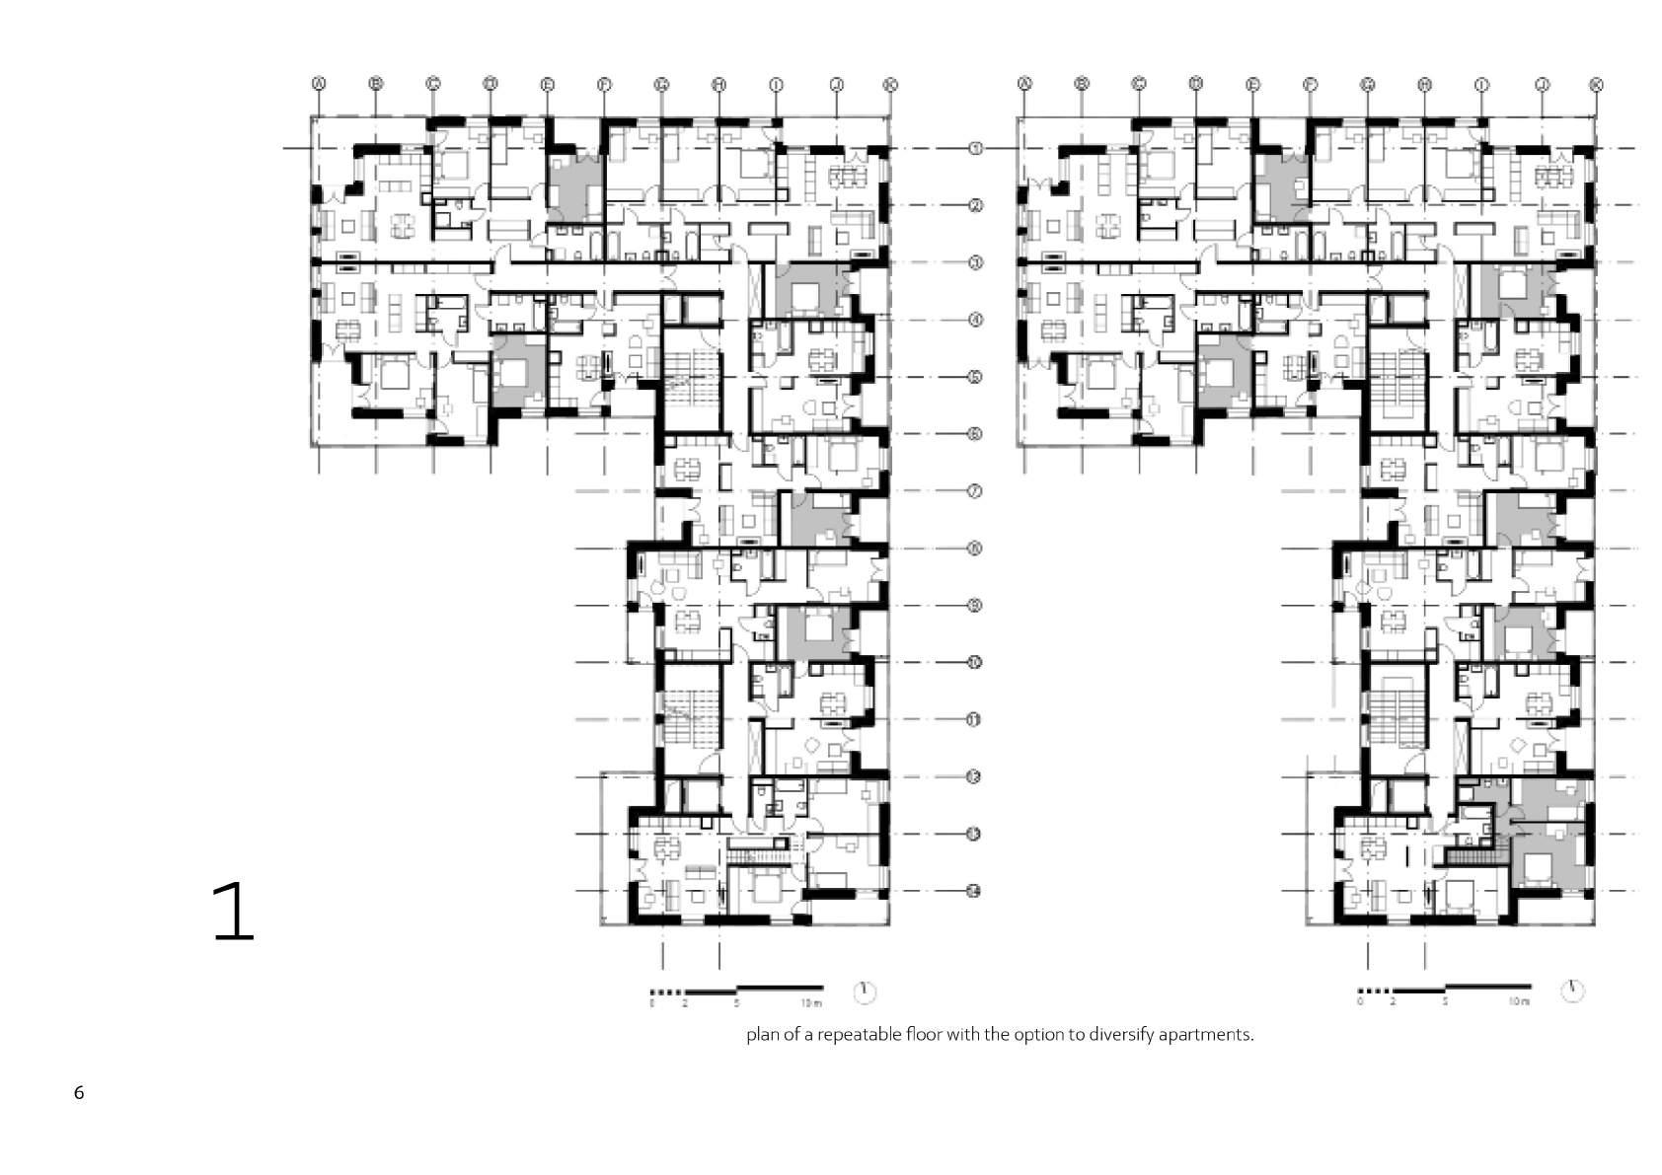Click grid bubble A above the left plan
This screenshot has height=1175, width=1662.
[319, 85]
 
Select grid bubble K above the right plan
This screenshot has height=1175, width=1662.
[1596, 85]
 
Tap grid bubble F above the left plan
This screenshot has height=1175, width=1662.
[604, 85]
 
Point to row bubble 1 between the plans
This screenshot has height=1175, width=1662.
[974, 149]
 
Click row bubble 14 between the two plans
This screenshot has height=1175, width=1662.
[974, 892]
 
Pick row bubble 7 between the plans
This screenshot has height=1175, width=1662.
[974, 491]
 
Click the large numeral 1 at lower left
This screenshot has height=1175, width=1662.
[235, 913]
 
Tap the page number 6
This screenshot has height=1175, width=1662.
[79, 1093]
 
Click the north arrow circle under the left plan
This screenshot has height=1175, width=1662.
[865, 991]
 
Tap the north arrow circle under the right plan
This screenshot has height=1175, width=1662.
[1573, 991]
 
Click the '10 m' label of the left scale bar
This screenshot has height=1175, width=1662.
[811, 1003]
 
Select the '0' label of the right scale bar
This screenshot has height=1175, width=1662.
[1360, 1003]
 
